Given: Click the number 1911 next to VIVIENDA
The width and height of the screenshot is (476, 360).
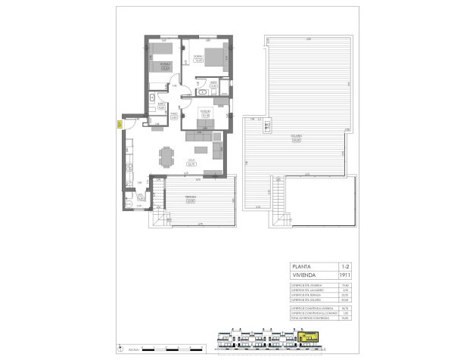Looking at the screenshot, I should click(345, 276).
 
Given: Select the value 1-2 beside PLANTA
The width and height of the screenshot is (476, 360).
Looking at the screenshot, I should click(345, 267).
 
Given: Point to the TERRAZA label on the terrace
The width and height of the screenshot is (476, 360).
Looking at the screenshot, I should click(191, 200).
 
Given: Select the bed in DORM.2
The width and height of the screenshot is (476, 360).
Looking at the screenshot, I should click(159, 60).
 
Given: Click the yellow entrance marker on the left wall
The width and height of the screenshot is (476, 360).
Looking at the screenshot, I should click(120, 125).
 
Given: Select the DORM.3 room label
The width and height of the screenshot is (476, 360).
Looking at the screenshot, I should click(204, 113).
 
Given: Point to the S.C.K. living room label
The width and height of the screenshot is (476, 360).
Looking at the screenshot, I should click(191, 161).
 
